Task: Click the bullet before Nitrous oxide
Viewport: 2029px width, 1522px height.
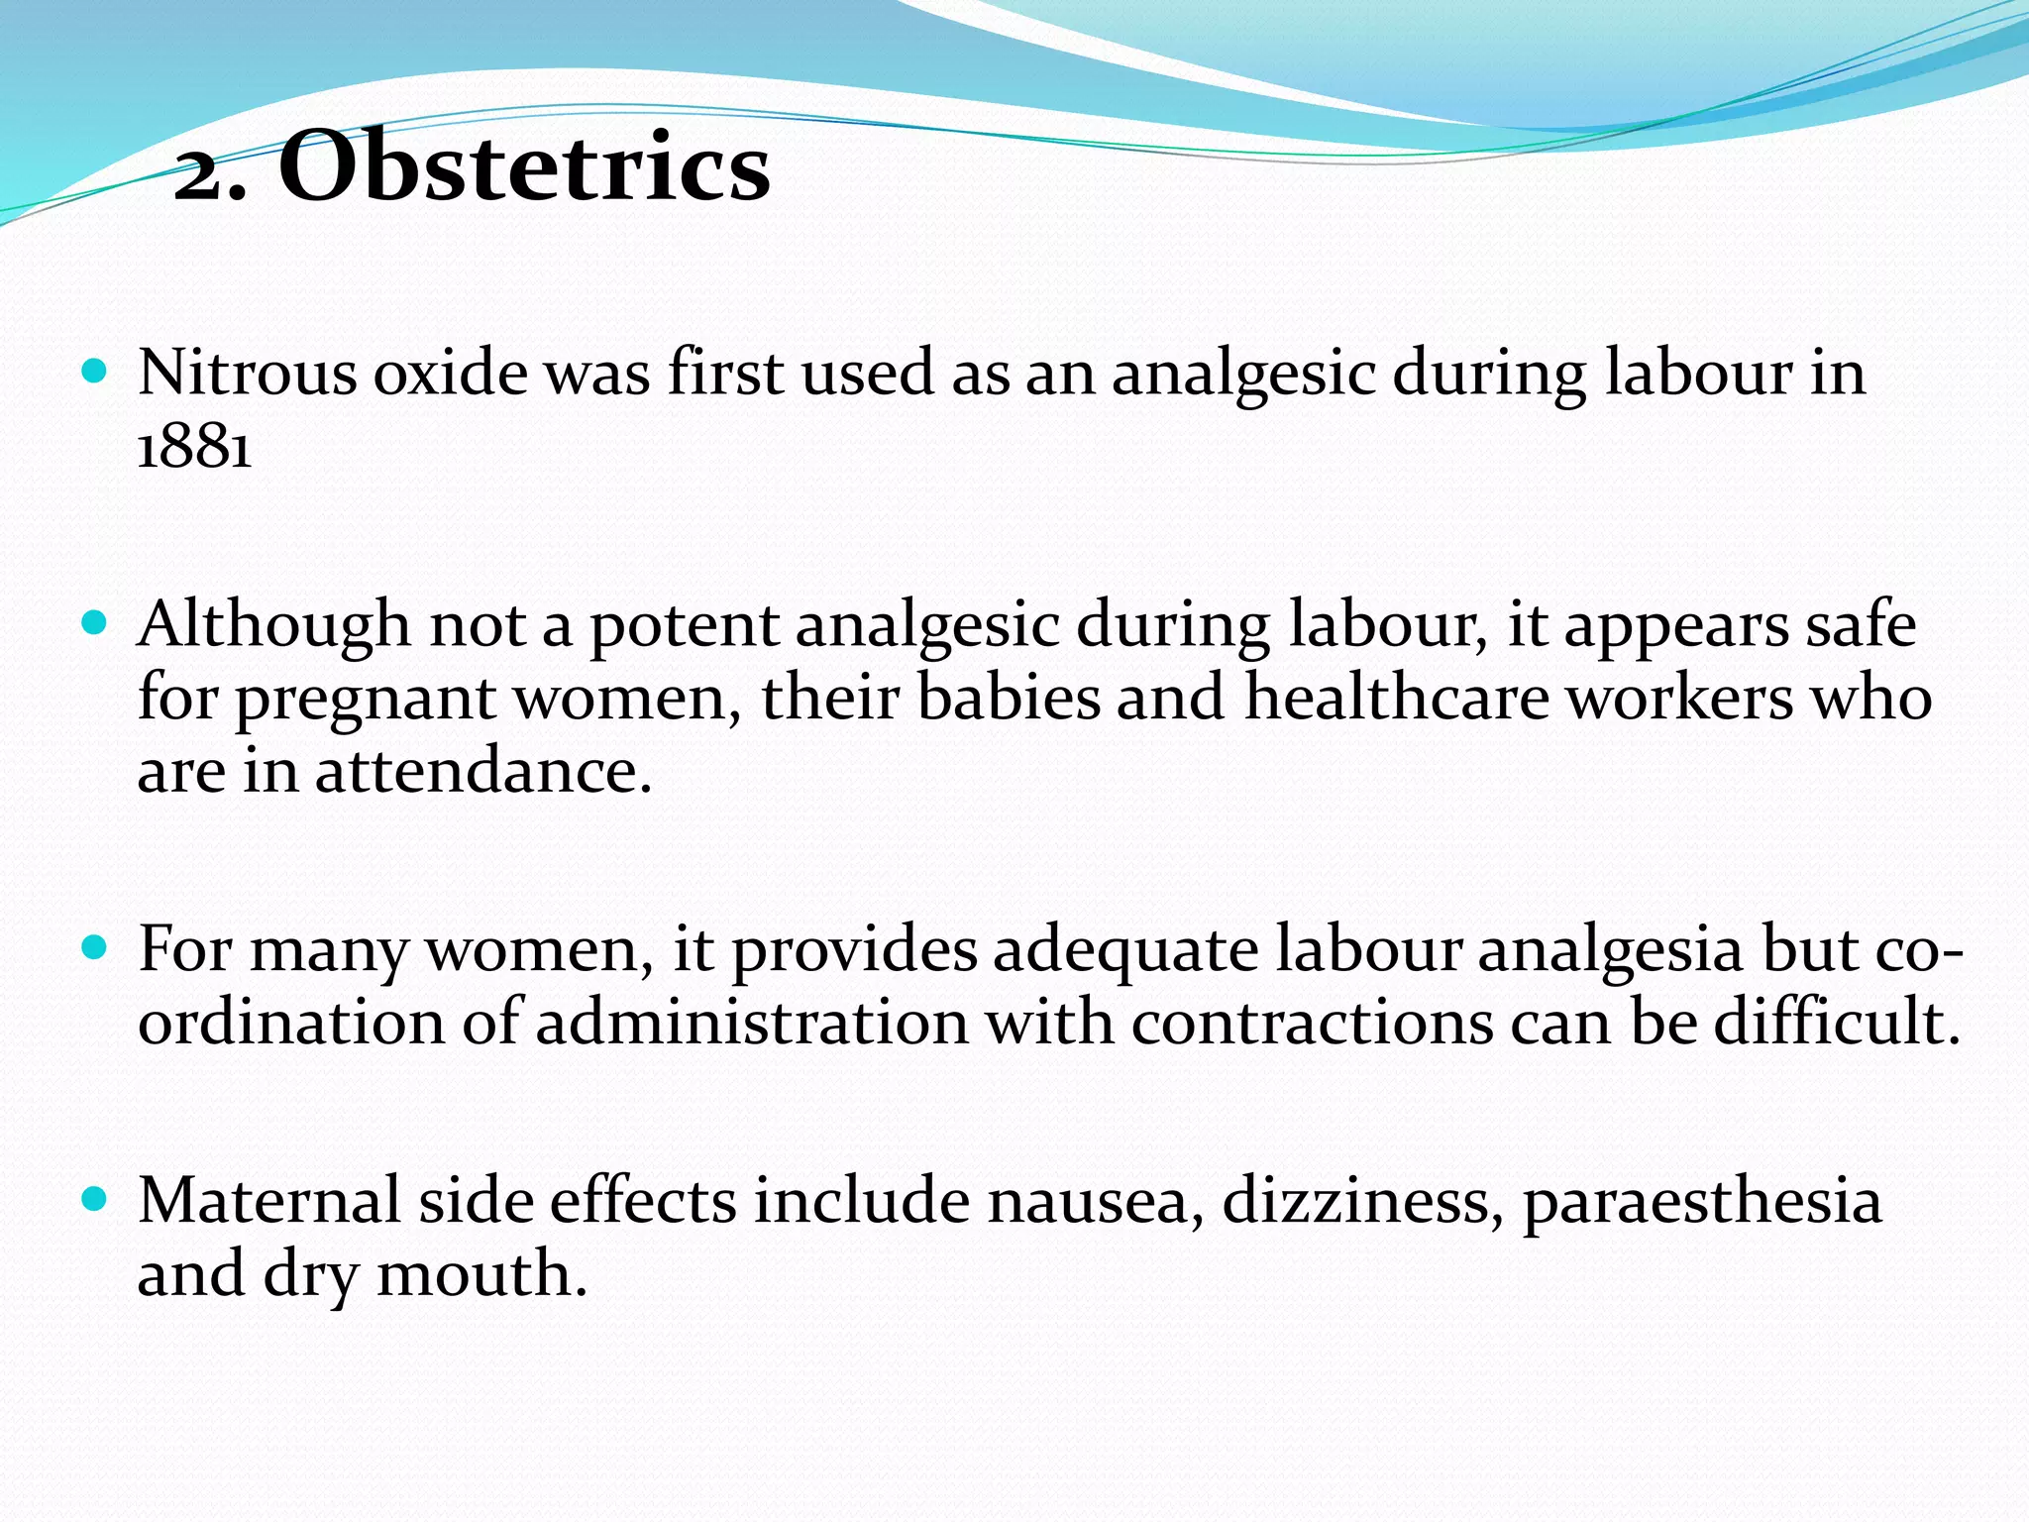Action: pos(95,373)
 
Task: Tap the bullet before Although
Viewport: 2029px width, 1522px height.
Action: pos(95,623)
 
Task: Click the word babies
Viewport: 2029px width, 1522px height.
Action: pos(1009,698)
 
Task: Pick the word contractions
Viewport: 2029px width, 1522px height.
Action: pos(1313,1024)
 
